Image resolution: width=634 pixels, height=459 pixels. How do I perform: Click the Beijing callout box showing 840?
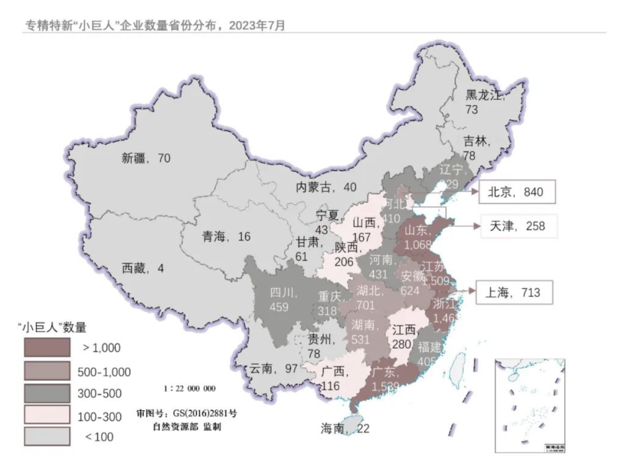(517, 192)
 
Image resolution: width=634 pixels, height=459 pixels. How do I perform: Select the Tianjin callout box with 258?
(517, 226)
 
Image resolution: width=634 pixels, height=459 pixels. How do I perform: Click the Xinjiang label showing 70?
(146, 158)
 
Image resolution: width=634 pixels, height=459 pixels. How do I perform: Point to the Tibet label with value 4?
(143, 269)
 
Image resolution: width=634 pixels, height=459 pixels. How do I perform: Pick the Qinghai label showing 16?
(226, 237)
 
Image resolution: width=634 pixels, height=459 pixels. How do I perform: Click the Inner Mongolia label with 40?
(325, 187)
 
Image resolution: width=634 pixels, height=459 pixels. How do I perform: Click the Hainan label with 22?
(345, 428)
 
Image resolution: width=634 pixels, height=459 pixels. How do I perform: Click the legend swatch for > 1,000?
(46, 347)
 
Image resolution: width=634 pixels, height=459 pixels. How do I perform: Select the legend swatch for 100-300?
(46, 416)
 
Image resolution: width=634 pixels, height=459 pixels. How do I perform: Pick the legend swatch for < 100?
(46, 436)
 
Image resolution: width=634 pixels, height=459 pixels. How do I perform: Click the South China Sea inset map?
(530, 405)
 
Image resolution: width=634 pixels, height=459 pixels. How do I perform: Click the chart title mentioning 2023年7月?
(154, 25)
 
